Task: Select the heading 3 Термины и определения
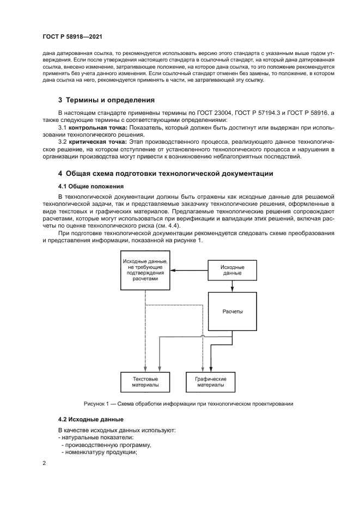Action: coord(107,100)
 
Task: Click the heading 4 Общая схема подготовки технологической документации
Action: coord(166,174)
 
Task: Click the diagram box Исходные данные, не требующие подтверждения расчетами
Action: coord(145,270)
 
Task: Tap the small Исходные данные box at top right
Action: coord(231,270)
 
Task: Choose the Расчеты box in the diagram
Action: coord(233,311)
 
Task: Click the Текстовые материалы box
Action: coord(145,381)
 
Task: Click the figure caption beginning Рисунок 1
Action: coord(188,404)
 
